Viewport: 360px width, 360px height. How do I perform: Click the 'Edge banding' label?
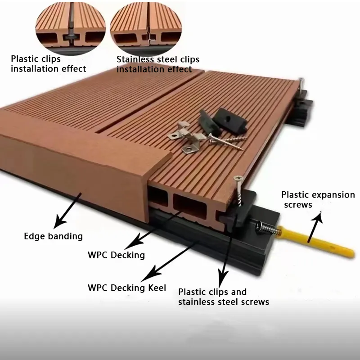53,236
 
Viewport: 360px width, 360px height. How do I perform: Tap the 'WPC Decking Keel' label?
127,288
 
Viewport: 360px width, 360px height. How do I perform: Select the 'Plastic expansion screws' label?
318,199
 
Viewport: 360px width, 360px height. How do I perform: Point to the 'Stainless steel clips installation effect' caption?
158,64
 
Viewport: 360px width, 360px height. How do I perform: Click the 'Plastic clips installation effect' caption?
49,63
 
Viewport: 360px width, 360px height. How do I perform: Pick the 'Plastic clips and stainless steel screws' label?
224,297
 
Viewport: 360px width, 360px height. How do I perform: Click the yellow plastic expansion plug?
315,242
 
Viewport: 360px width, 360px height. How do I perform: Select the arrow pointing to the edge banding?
67,211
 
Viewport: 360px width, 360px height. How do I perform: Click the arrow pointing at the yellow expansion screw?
315,227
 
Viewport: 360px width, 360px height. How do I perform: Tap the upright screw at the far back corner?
301,85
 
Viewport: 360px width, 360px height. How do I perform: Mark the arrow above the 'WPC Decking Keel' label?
170,261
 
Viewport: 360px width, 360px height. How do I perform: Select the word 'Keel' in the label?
157,288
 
